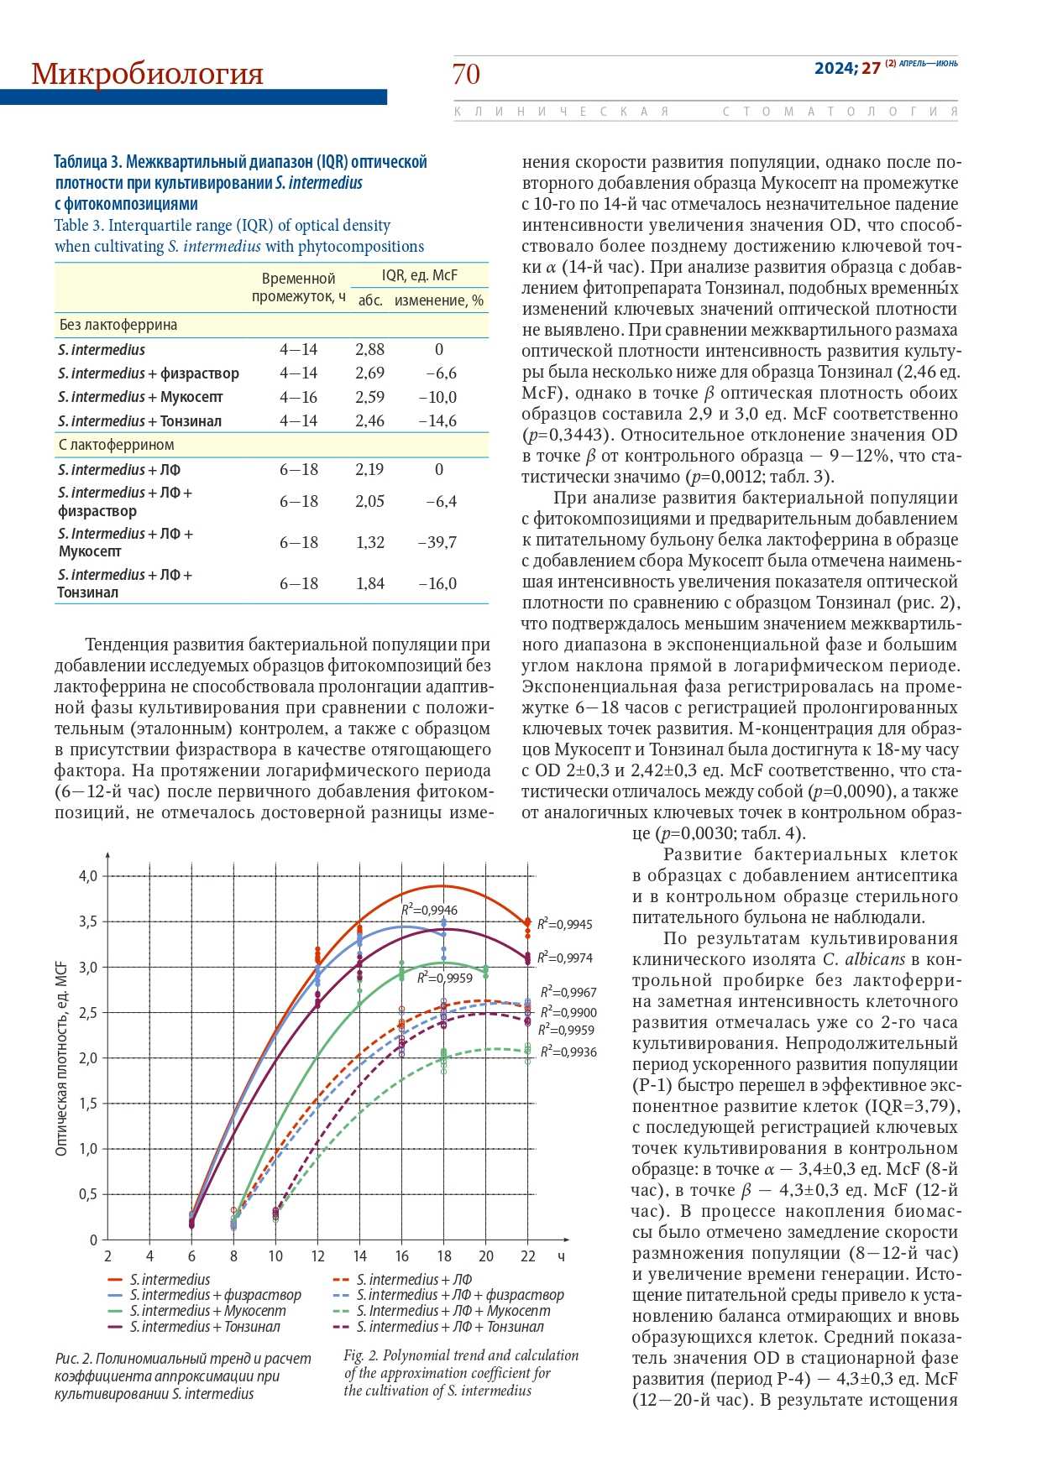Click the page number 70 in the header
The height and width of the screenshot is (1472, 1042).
point(466,75)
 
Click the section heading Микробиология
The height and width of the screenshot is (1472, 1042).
point(147,75)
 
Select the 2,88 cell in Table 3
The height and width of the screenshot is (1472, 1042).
point(369,350)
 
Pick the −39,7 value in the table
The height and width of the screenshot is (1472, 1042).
point(437,542)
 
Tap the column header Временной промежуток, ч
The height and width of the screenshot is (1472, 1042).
point(298,287)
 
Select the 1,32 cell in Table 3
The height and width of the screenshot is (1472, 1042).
point(370,542)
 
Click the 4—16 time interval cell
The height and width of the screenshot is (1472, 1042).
point(299,397)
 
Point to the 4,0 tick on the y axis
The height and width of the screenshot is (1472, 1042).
point(88,876)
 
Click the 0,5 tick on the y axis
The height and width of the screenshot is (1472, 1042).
point(88,1194)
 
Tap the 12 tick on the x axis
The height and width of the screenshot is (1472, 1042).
point(317,1256)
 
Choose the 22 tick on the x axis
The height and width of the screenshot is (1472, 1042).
point(527,1256)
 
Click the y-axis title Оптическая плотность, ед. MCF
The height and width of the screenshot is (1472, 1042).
point(61,1058)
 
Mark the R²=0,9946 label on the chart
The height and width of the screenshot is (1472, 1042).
point(429,910)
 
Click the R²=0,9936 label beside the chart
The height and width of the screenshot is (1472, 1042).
point(568,1052)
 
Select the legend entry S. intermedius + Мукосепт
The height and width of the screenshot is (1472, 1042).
point(207,1311)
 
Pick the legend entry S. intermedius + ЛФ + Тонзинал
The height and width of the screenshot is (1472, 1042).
point(449,1327)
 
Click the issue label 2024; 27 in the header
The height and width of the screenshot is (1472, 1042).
point(847,69)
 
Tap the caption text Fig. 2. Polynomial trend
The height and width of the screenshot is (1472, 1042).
point(461,1355)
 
